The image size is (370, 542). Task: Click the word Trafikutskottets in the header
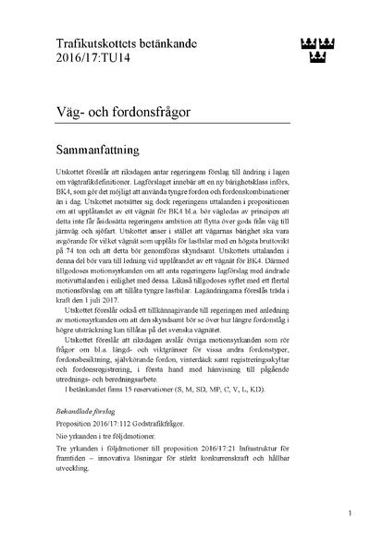pyautogui.click(x=90, y=42)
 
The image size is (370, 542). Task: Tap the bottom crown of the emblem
pyautogui.click(x=317, y=59)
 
